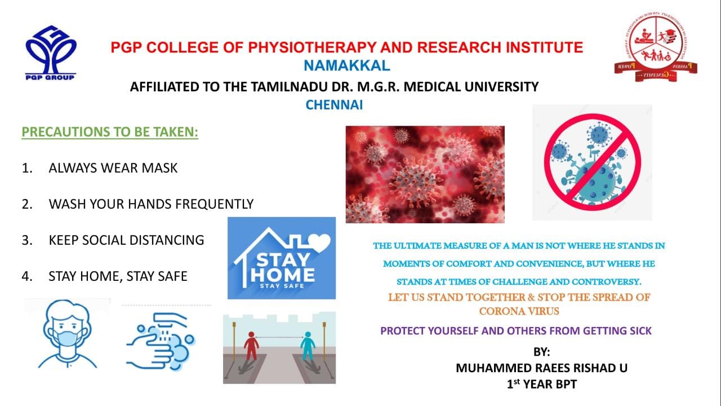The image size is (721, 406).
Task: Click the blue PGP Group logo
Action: click(x=51, y=53)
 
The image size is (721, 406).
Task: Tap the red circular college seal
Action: click(x=656, y=47)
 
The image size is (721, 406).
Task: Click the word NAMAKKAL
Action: click(x=346, y=66)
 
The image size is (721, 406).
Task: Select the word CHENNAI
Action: click(x=334, y=105)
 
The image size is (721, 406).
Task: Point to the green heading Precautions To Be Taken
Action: click(x=110, y=132)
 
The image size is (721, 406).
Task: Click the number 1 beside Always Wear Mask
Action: click(x=27, y=168)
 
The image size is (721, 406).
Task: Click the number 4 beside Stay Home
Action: click(x=27, y=276)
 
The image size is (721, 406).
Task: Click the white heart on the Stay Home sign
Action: click(x=319, y=242)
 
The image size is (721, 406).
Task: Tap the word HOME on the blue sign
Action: click(x=282, y=275)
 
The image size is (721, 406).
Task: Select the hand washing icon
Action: click(x=161, y=342)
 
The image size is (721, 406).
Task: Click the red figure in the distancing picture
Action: click(x=251, y=346)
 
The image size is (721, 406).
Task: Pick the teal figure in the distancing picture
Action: click(x=308, y=346)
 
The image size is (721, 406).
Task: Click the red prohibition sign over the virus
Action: click(x=592, y=162)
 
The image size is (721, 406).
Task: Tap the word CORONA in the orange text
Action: click(x=499, y=312)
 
